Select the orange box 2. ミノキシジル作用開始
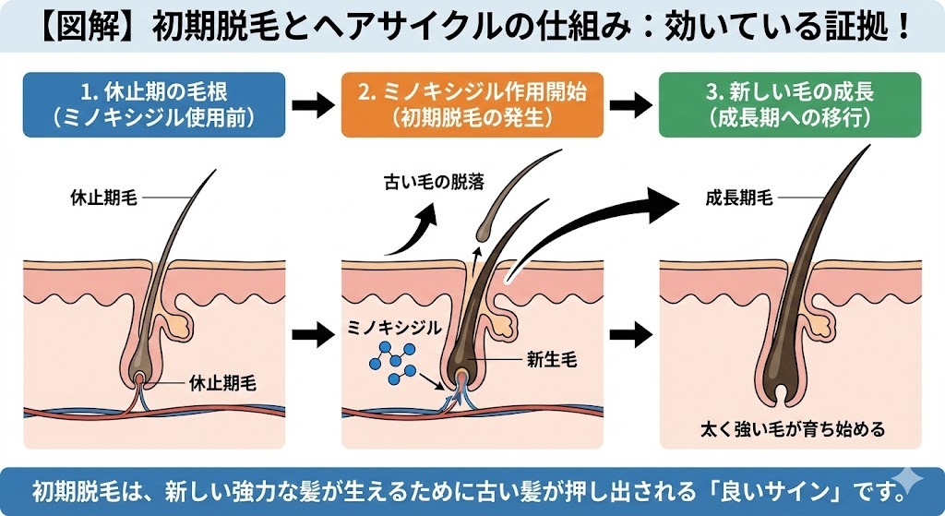tap(472, 104)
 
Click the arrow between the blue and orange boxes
tap(311, 104)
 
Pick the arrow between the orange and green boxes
tap(632, 104)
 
